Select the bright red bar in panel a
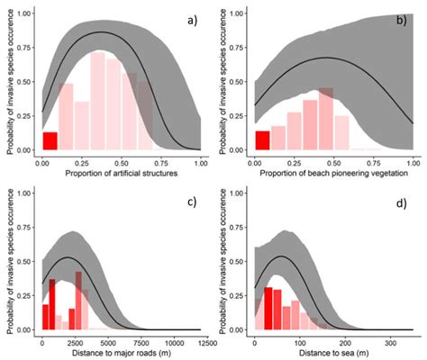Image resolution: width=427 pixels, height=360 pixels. (50, 141)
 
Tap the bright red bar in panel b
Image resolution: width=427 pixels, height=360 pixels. (263, 140)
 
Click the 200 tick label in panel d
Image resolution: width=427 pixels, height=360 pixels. (344, 342)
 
